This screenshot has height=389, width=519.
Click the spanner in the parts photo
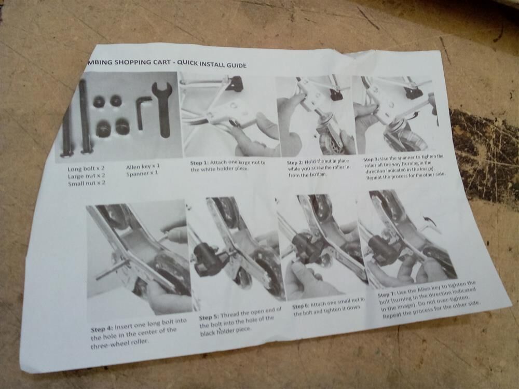coord(161,109)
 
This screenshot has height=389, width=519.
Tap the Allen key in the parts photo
coord(141,111)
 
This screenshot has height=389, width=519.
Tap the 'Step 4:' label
coord(102,329)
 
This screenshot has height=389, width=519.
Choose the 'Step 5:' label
coord(209,317)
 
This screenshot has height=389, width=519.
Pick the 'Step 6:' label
coord(300,307)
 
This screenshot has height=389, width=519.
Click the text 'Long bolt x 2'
coord(86,169)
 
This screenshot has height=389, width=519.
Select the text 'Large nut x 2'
coord(86,176)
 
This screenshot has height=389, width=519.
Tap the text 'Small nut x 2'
coord(87,183)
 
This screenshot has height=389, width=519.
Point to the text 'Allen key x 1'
coord(143,166)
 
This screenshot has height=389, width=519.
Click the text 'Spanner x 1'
coord(142,173)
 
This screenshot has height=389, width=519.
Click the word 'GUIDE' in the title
coord(236,65)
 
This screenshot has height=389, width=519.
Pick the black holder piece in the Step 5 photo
coord(205,259)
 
